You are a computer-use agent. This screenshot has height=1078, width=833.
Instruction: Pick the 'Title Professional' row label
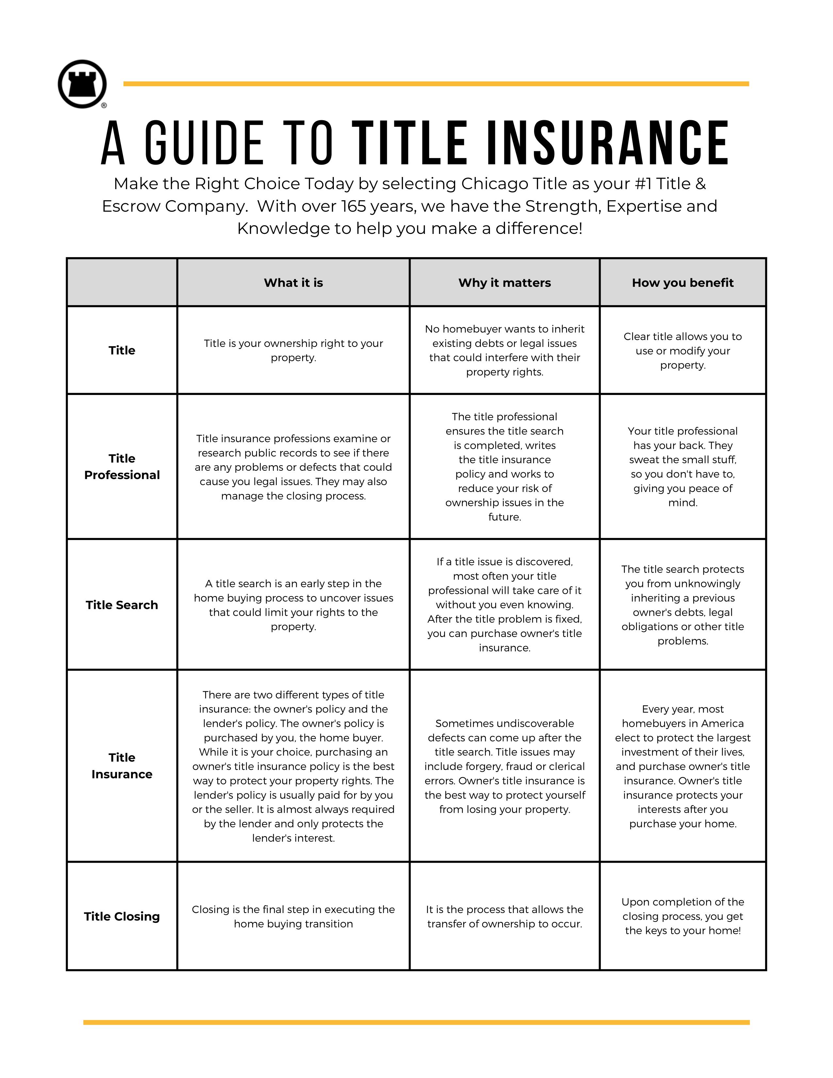122,466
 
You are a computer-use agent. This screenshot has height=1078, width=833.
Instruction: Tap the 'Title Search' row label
122,605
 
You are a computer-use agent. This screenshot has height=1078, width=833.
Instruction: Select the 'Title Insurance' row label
122,766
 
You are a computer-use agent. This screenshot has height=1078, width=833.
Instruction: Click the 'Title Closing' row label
122,916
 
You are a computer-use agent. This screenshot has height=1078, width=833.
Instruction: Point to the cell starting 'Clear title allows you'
682,351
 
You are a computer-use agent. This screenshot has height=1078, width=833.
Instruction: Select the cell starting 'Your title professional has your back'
682,466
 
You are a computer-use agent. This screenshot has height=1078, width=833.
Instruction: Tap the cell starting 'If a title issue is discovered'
504,605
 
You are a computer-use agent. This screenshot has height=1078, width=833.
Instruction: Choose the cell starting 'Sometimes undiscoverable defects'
504,766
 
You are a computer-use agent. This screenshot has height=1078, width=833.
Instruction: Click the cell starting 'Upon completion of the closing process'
682,916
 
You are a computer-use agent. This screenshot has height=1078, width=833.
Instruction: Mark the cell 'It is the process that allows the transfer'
504,916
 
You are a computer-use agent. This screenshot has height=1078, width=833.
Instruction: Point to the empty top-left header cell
122,282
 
